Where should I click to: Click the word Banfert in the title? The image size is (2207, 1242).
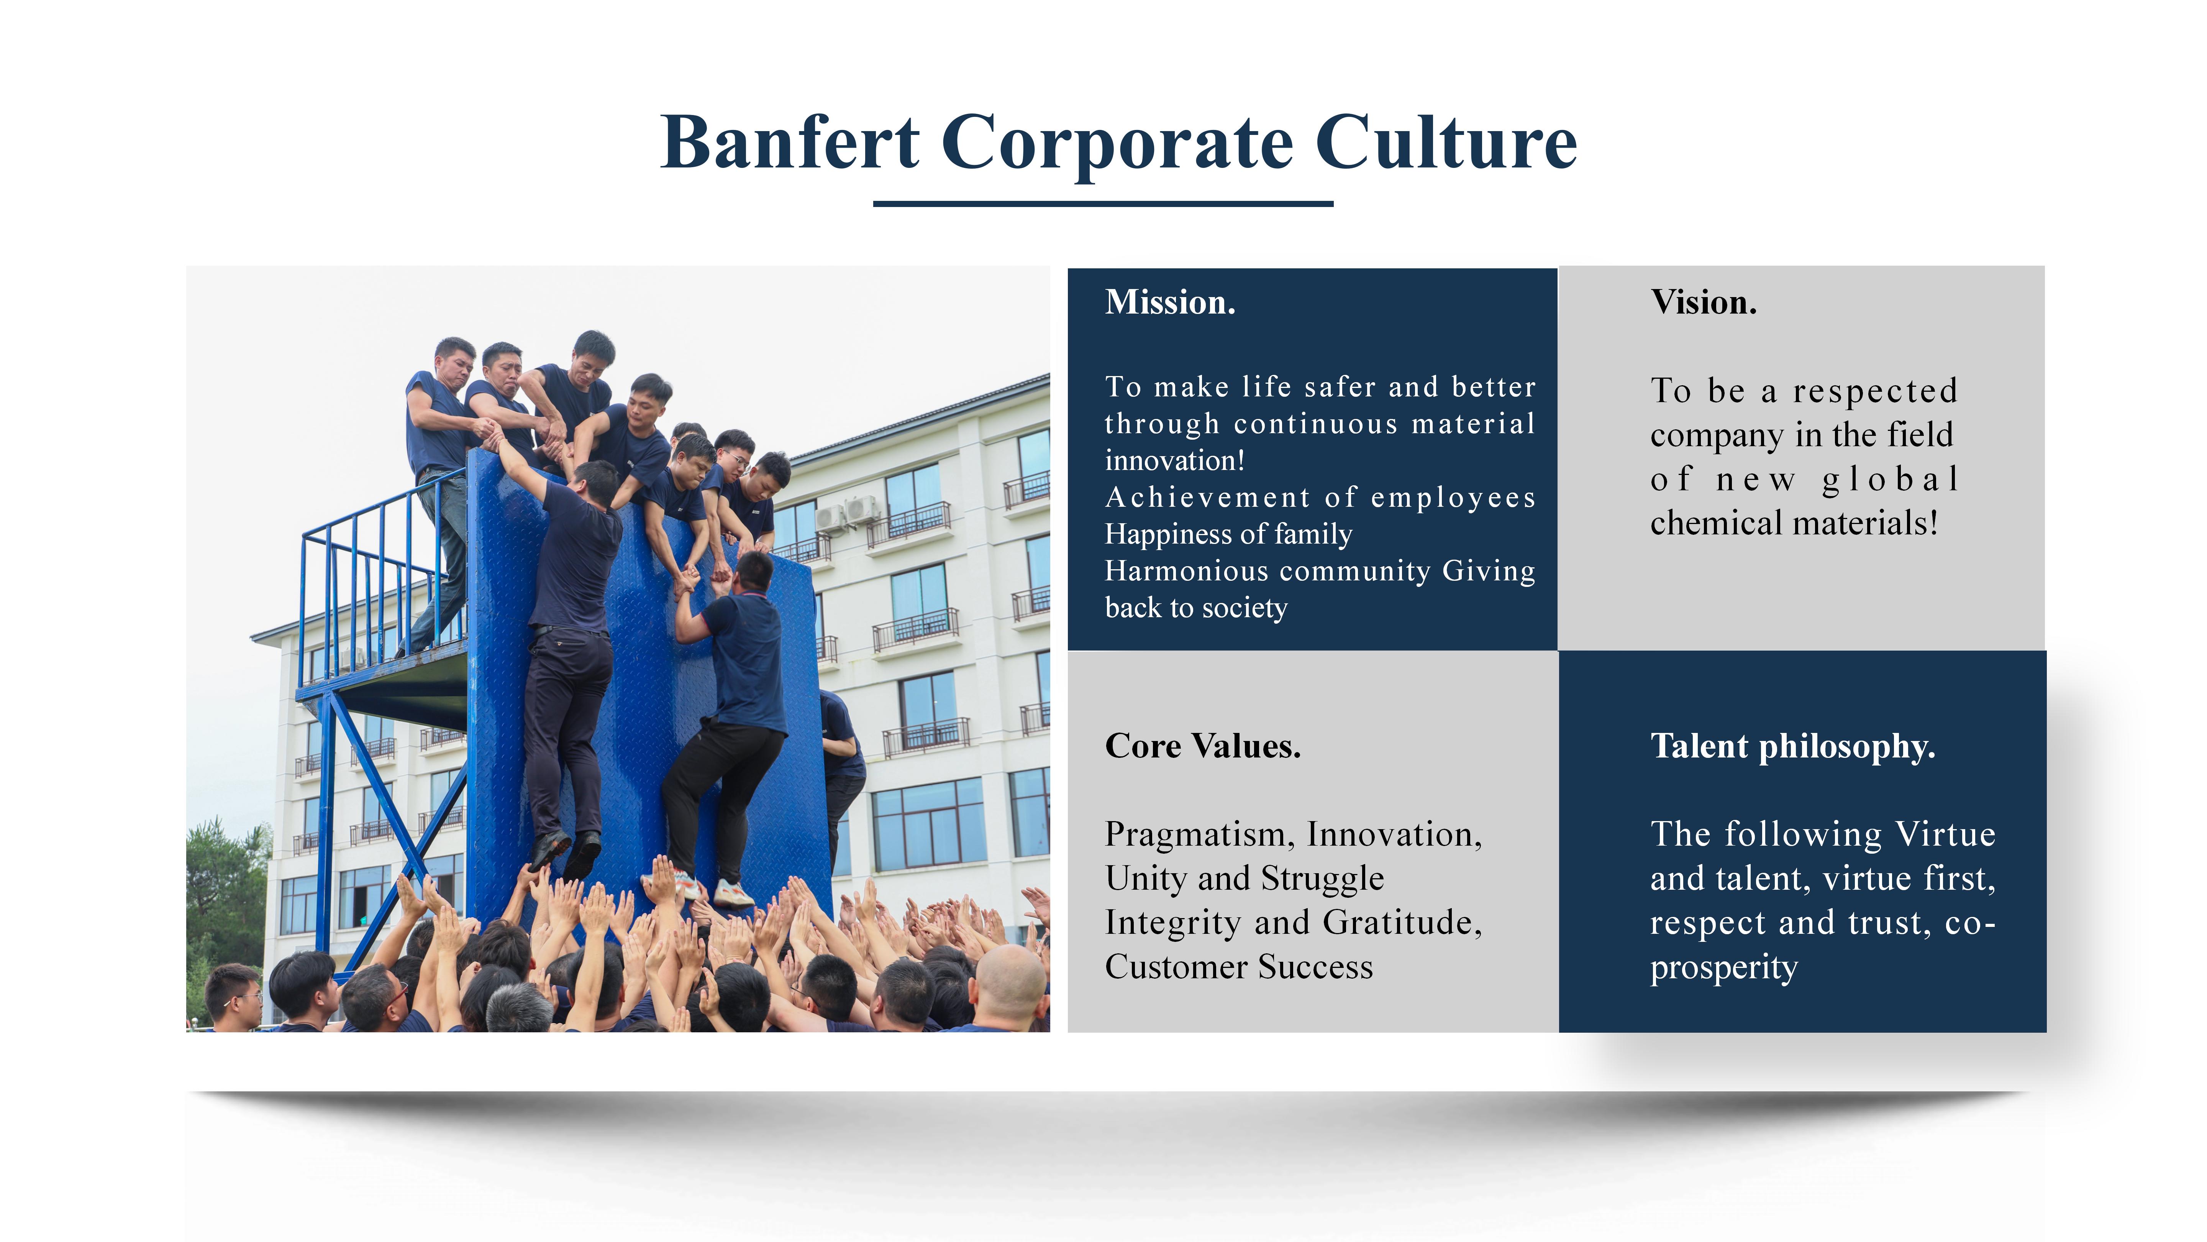[790, 142]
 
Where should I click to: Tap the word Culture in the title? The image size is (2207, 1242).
[1446, 142]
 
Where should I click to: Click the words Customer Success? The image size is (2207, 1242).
[1239, 967]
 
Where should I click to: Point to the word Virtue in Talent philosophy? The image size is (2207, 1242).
[1945, 834]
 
